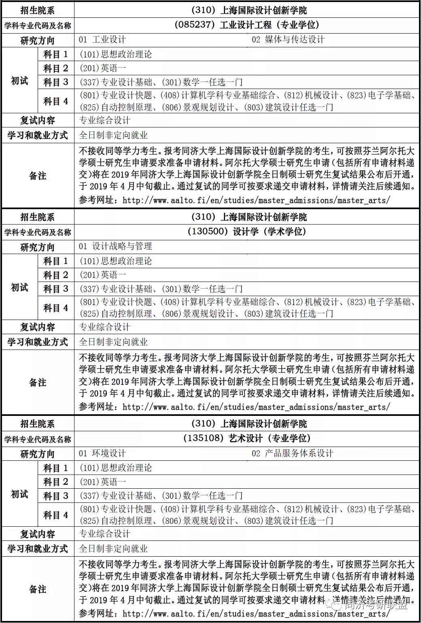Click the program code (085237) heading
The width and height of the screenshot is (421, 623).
[x=247, y=25]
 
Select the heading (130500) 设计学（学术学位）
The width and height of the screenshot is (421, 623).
[x=247, y=232]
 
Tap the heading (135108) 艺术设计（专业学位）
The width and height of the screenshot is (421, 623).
[x=247, y=439]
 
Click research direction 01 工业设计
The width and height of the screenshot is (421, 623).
[x=102, y=40]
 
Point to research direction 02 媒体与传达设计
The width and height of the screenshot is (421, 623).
[x=288, y=40]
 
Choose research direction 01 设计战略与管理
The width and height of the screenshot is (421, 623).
[x=115, y=246]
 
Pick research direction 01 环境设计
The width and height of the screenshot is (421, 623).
[x=102, y=453]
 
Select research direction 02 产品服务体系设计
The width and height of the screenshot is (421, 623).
[x=292, y=453]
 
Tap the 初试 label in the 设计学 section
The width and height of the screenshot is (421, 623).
[x=19, y=288]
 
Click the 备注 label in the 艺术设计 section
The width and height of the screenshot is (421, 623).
[x=38, y=589]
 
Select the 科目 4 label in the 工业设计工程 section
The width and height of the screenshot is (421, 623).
[x=56, y=101]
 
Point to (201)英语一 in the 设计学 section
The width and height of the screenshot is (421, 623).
[x=103, y=275]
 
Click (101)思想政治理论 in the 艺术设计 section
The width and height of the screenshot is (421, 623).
[x=116, y=468]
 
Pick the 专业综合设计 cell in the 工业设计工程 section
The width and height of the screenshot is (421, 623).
[x=105, y=121]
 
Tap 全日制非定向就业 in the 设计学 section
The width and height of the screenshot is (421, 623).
[x=113, y=342]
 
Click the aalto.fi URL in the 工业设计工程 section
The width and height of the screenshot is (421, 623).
[x=256, y=200]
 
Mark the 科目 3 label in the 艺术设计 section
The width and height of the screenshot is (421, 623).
[x=56, y=496]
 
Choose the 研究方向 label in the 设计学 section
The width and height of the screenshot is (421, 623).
[x=38, y=247]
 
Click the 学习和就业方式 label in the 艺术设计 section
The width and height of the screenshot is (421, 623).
[x=38, y=549]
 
